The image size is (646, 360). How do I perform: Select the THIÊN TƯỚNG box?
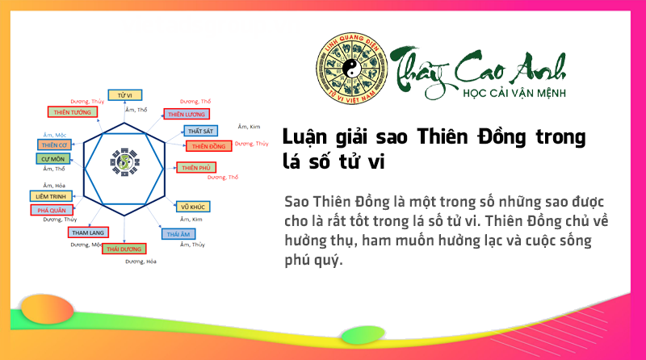tap(72, 112)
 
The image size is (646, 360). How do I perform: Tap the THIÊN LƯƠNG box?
tap(187, 114)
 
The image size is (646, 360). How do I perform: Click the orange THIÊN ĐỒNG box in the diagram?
tap(208, 146)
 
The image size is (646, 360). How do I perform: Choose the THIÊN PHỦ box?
tap(196, 167)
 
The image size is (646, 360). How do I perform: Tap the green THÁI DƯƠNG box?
tap(124, 249)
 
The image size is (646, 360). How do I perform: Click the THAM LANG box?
tap(86, 232)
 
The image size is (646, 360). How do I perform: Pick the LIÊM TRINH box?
tap(50, 195)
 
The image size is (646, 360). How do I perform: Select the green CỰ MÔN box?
tap(53, 158)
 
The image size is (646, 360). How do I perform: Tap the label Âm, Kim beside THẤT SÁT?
tap(249, 127)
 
